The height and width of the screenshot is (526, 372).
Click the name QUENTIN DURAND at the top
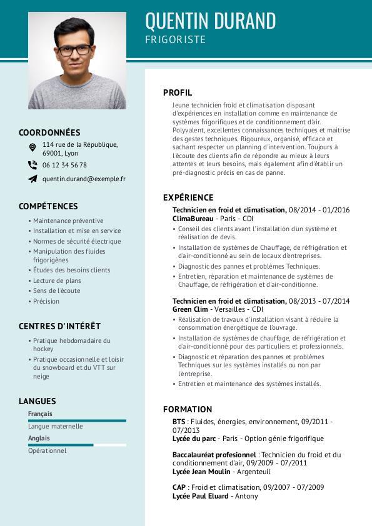click(210, 21)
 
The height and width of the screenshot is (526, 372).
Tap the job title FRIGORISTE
click(175, 40)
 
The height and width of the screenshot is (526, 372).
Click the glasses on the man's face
click(74, 50)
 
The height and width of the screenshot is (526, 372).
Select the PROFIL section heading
click(178, 92)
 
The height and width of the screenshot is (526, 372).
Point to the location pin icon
click(33, 147)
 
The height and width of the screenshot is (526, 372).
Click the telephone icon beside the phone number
click(33, 165)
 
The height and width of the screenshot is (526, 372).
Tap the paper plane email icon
click(33, 179)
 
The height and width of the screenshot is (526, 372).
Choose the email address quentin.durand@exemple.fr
click(84, 179)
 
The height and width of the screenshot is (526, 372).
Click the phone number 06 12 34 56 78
click(64, 165)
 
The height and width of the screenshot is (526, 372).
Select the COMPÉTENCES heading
click(48, 206)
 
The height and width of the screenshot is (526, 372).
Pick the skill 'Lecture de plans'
click(57, 280)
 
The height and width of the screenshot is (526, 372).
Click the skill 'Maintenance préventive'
click(68, 221)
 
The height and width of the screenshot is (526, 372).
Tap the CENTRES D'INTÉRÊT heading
click(59, 326)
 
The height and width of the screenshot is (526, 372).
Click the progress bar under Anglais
click(77, 445)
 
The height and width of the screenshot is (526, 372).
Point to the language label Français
click(40, 414)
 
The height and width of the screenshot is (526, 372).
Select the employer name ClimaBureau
click(193, 219)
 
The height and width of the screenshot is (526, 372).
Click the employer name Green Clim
click(190, 309)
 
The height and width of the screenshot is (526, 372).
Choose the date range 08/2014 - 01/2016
click(319, 211)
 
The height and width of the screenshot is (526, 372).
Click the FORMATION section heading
click(188, 409)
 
